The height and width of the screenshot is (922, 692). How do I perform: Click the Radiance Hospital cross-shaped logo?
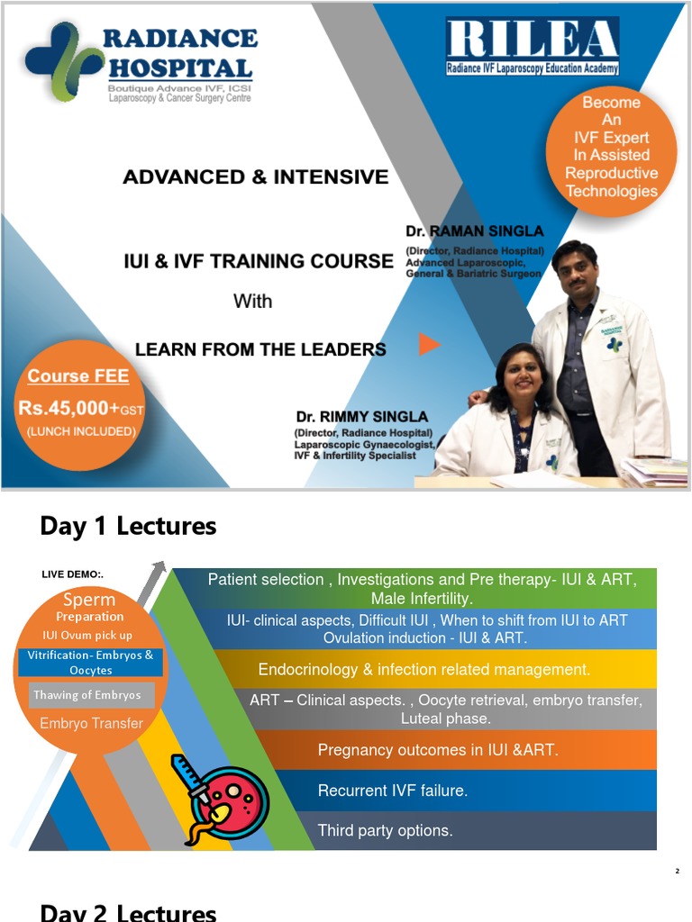[59, 62]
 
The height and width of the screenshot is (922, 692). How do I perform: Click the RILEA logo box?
[533, 46]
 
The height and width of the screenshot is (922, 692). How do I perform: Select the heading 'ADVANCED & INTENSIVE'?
[255, 176]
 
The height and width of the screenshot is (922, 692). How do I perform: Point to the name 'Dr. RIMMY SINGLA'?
[361, 417]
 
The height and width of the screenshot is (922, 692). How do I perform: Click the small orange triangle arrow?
[429, 344]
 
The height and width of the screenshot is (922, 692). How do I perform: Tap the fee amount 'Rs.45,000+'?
[69, 408]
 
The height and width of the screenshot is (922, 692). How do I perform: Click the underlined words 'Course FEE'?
[78, 376]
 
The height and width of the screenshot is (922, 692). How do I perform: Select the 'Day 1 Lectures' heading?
[128, 526]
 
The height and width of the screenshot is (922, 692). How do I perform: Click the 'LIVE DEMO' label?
[72, 574]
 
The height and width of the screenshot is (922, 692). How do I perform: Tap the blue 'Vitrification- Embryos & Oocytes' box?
[90, 662]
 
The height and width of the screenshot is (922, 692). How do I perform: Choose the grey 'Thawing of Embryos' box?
[87, 695]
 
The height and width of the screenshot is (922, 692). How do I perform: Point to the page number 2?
[678, 871]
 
